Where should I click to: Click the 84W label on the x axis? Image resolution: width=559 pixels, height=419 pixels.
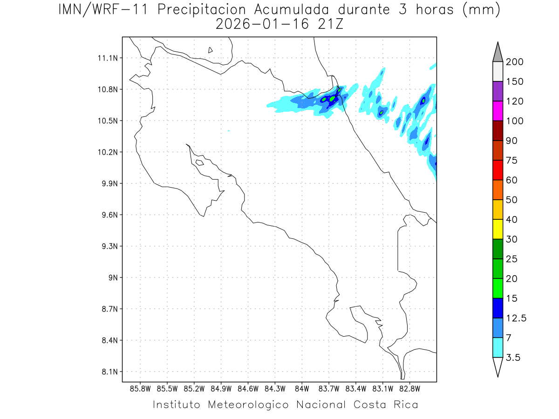coord(302,388)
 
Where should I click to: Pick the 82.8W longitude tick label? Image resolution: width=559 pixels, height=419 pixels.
coord(410,388)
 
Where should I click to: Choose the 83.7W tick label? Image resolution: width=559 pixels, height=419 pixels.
coord(329,388)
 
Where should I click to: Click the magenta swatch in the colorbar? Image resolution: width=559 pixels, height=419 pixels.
coord(498,111)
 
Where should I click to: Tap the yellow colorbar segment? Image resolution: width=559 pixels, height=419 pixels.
coord(498,229)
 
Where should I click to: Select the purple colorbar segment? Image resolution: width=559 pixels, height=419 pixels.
coord(498,91)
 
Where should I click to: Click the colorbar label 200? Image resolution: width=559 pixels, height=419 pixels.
coord(514,62)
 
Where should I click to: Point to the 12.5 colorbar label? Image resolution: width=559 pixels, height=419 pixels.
coord(516,318)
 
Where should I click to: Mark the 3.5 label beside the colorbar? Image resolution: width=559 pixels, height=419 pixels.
coord(513,358)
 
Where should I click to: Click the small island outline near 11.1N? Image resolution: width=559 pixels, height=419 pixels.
coord(211,50)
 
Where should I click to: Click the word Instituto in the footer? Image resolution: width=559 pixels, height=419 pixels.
coord(177,405)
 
